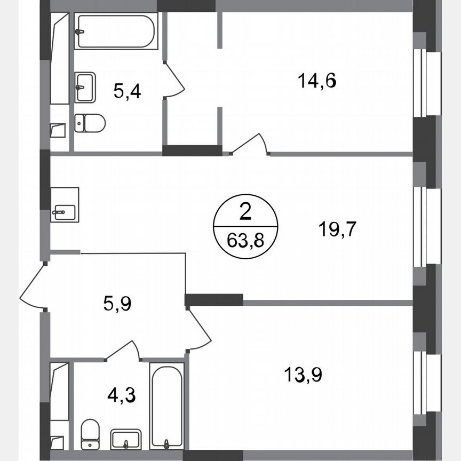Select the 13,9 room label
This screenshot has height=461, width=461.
[x=303, y=374]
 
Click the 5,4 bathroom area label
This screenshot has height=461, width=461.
[x=127, y=91]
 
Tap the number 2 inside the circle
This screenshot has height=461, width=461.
[x=245, y=213]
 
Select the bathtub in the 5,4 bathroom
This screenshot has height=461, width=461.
[x=116, y=31]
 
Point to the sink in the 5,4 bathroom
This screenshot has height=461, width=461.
[x=85, y=87]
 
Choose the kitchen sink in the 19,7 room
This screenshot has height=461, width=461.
[x=65, y=205]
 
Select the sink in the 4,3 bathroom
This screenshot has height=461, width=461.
[x=126, y=440]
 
